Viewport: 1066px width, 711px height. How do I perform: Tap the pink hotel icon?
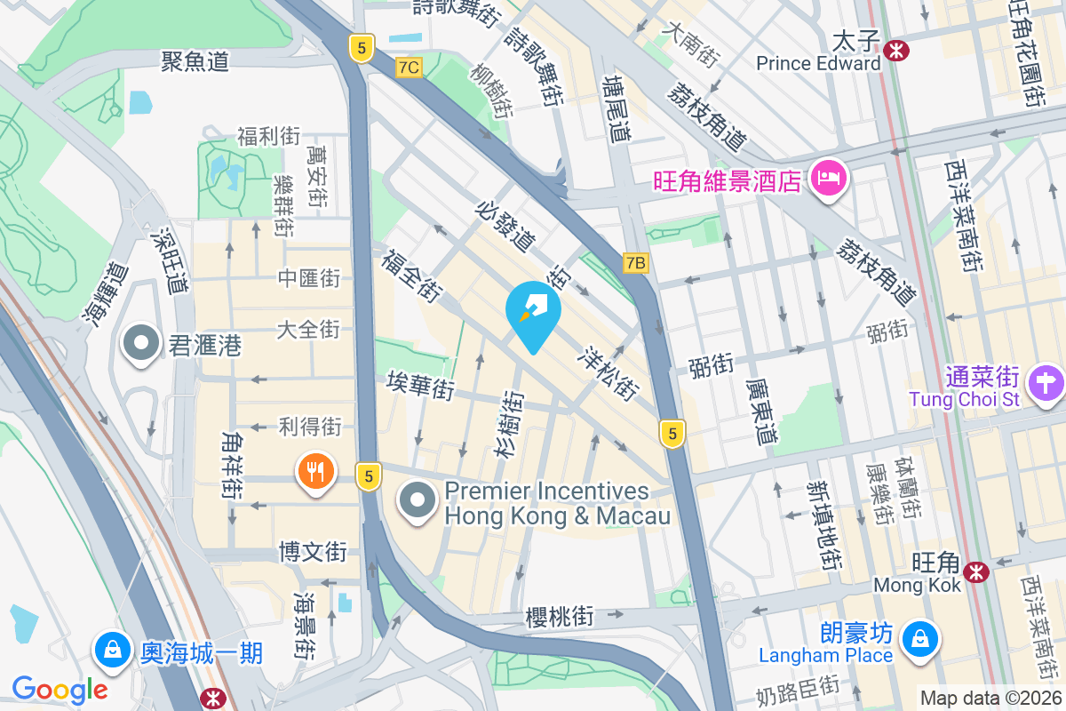tap(828, 179)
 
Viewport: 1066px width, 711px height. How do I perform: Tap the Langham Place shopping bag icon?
tap(918, 638)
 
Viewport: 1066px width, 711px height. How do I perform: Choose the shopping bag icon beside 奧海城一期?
tap(113, 649)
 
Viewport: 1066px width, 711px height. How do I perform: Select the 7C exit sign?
tap(409, 68)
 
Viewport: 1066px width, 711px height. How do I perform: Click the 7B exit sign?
tap(635, 263)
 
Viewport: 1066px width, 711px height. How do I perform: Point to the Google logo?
tap(60, 689)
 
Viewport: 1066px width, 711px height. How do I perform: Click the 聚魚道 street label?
tap(195, 60)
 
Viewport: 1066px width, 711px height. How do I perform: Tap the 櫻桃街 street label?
tap(559, 615)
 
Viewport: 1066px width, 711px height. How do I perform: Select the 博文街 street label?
tap(312, 551)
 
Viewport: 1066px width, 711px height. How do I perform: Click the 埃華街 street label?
tap(420, 386)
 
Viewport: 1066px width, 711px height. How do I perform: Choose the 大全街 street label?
tap(308, 330)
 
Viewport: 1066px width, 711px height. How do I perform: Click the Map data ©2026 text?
tap(990, 698)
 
